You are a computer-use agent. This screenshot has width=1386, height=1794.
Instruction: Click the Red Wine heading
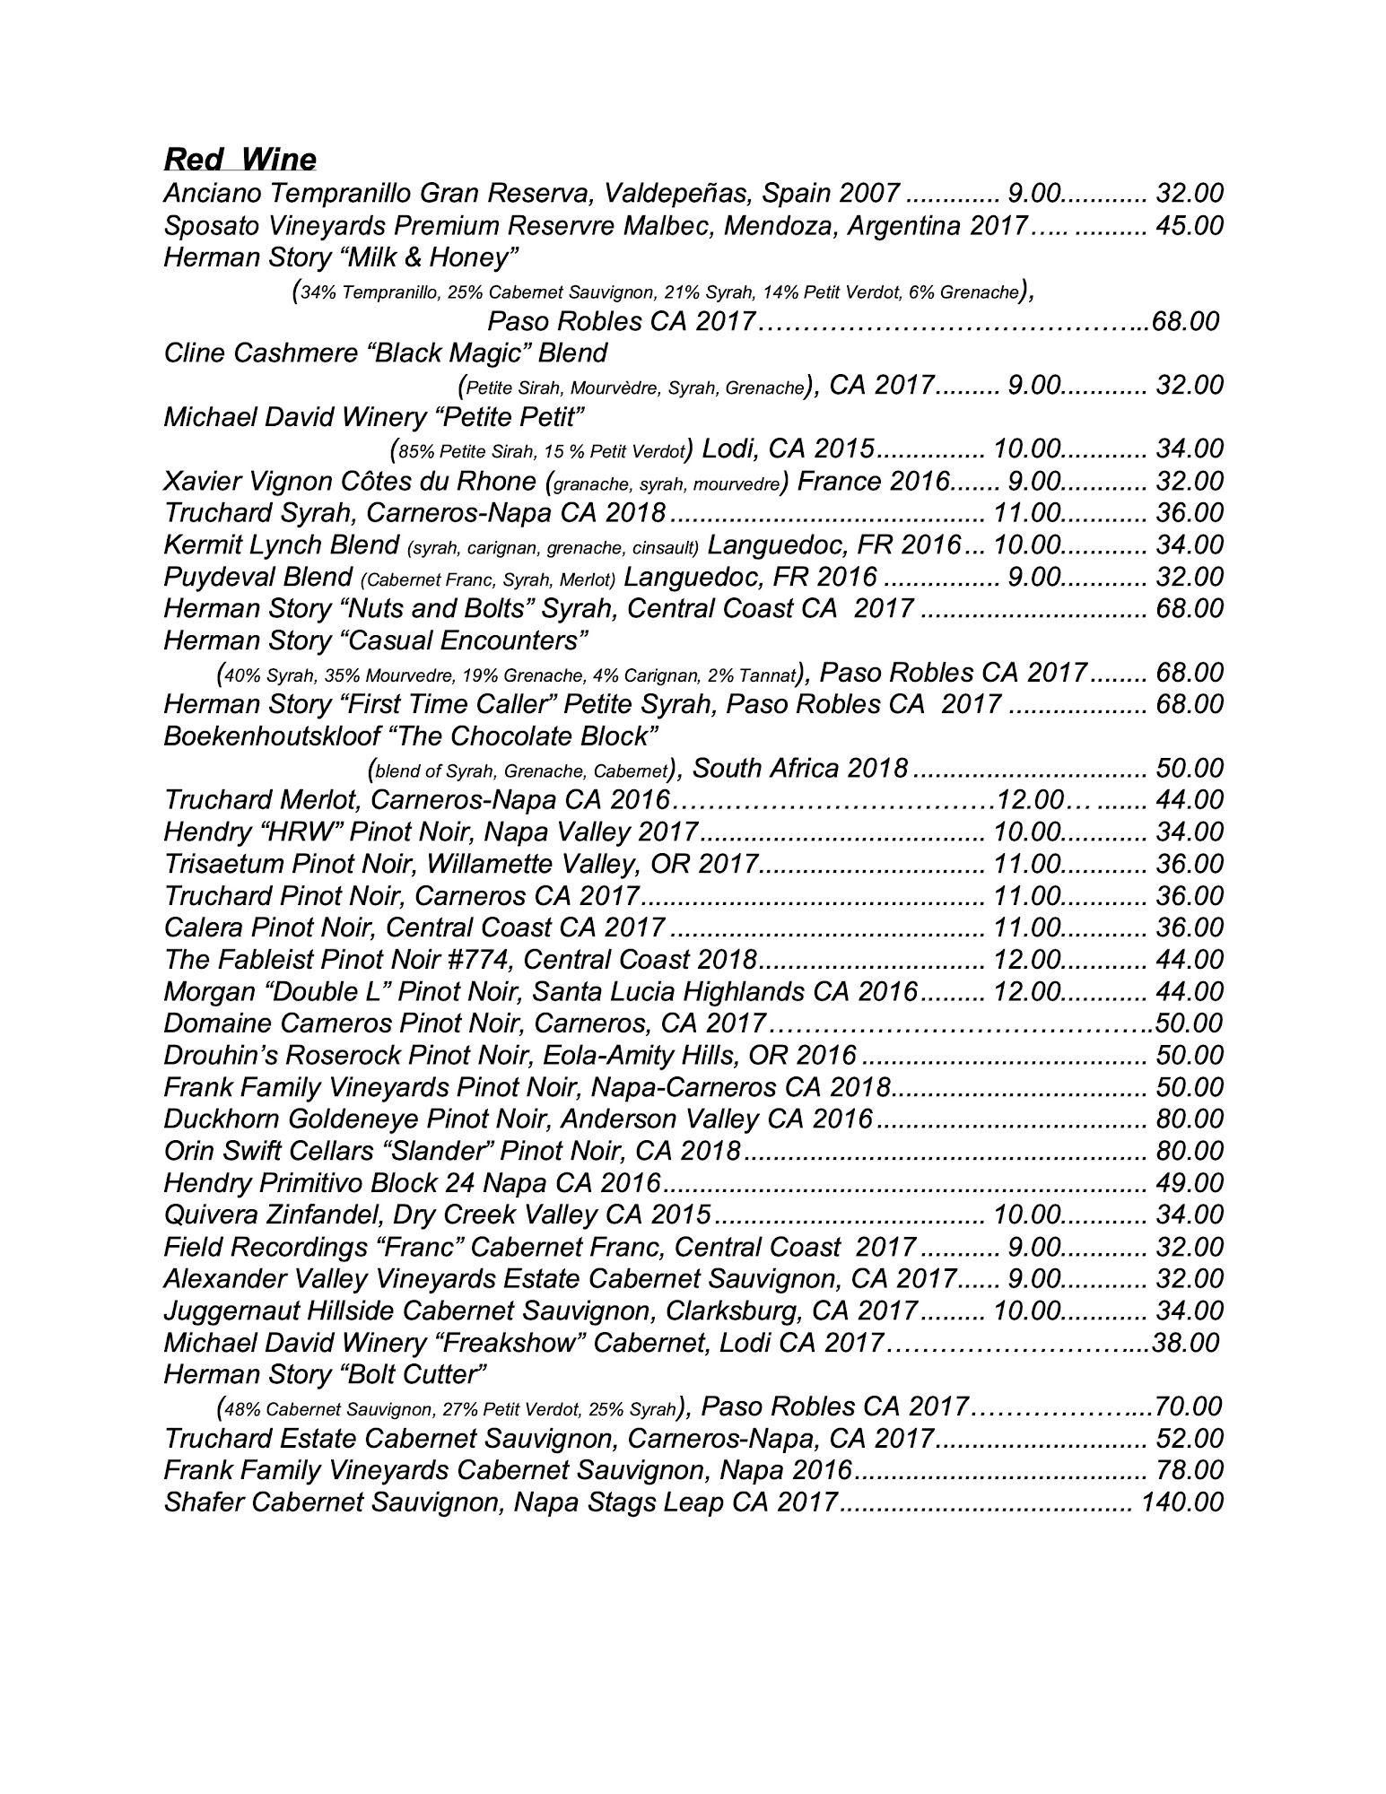pyautogui.click(x=240, y=159)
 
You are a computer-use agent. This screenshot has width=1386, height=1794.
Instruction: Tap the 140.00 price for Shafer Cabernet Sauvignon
pyautogui.click(x=1181, y=1502)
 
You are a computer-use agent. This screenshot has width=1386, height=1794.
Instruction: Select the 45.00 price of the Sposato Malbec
pyautogui.click(x=1190, y=225)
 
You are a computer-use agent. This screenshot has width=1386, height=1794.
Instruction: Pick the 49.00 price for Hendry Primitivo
pyautogui.click(x=1190, y=1183)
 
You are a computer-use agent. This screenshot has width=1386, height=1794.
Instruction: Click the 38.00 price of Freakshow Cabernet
pyautogui.click(x=1186, y=1343)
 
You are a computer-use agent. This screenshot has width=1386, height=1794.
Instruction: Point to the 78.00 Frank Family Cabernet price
pyautogui.click(x=1190, y=1470)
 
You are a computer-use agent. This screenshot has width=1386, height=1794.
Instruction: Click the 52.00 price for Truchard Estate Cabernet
pyautogui.click(x=1190, y=1438)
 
